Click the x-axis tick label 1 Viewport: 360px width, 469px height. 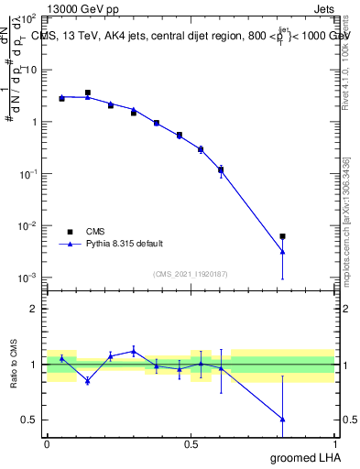point(334,443)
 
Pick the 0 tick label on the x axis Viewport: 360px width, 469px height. point(47,443)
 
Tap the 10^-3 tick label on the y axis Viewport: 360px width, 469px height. point(27,278)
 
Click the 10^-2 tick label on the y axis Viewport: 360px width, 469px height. point(27,225)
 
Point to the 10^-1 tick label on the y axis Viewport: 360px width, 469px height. point(27,173)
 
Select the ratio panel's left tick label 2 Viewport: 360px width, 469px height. point(34,309)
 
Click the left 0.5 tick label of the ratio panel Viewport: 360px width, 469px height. point(30,420)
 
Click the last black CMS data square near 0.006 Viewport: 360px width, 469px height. point(282,236)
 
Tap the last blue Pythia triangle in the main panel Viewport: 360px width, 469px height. point(282,251)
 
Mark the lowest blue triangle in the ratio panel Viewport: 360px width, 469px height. point(282,419)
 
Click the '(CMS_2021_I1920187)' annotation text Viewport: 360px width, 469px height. point(190,272)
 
